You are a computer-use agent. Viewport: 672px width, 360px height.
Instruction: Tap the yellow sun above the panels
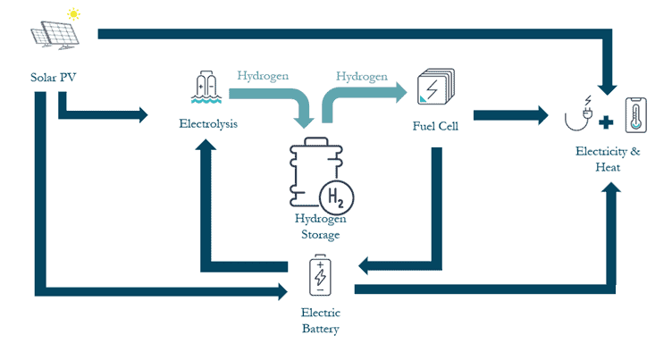[x=71, y=14]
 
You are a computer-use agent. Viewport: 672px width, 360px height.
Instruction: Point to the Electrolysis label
[x=208, y=124]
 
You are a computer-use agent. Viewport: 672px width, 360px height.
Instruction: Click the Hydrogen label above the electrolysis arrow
[x=263, y=76]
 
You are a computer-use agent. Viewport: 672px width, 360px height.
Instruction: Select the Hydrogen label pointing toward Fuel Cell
[x=362, y=76]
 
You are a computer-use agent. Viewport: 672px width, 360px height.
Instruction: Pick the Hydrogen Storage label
[x=319, y=227]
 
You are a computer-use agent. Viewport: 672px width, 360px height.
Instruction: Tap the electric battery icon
[x=320, y=275]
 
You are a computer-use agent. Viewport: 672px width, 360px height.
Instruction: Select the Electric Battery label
[x=320, y=321]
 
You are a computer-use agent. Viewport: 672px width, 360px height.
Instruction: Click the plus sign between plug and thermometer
[x=607, y=119]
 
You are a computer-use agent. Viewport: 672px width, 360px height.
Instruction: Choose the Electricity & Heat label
[x=608, y=159]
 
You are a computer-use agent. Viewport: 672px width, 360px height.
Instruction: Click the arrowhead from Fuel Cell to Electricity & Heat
[x=541, y=114]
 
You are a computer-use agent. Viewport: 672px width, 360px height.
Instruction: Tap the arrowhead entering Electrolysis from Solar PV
[x=141, y=114]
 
